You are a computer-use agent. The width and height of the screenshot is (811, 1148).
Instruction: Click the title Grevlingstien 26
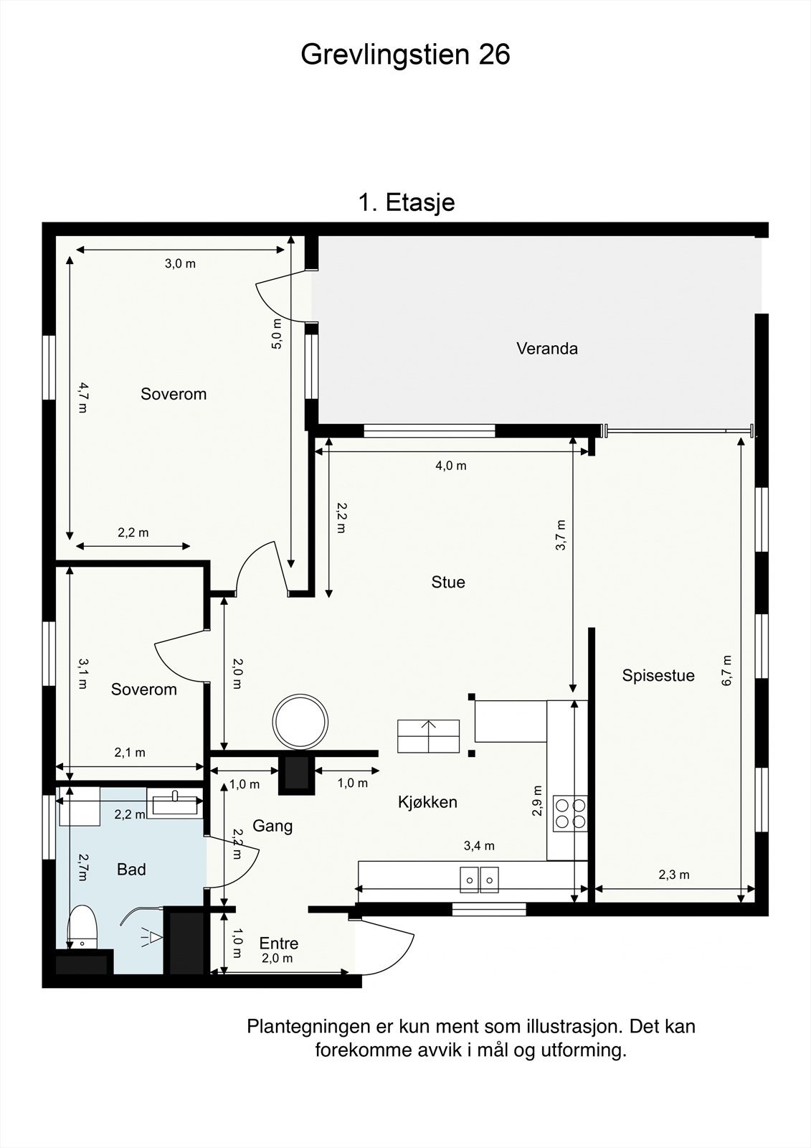(405, 55)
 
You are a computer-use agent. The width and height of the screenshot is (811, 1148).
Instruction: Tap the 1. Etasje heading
(407, 202)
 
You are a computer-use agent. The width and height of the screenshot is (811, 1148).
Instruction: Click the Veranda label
(546, 349)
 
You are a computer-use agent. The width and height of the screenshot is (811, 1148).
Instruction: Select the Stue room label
(447, 582)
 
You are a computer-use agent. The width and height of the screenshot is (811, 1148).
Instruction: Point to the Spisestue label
(658, 675)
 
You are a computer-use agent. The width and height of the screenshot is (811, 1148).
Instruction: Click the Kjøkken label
(427, 802)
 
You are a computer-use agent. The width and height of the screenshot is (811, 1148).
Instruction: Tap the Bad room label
(131, 869)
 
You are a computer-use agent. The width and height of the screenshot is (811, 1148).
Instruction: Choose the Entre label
(279, 943)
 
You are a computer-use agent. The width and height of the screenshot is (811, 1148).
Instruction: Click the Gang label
(272, 826)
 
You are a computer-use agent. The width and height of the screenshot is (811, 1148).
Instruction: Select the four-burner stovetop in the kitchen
(571, 814)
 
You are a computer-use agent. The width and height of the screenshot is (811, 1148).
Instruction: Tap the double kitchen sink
(479, 880)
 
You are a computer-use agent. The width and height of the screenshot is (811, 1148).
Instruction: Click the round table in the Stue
(300, 721)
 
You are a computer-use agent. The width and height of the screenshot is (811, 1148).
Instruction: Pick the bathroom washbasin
(175, 803)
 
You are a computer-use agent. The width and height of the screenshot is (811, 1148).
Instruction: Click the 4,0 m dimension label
(451, 466)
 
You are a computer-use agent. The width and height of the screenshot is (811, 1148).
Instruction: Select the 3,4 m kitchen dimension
(479, 846)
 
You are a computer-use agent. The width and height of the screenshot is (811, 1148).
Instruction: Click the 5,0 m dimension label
(277, 334)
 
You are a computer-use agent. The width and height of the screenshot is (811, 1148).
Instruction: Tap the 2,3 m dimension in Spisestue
(674, 875)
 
